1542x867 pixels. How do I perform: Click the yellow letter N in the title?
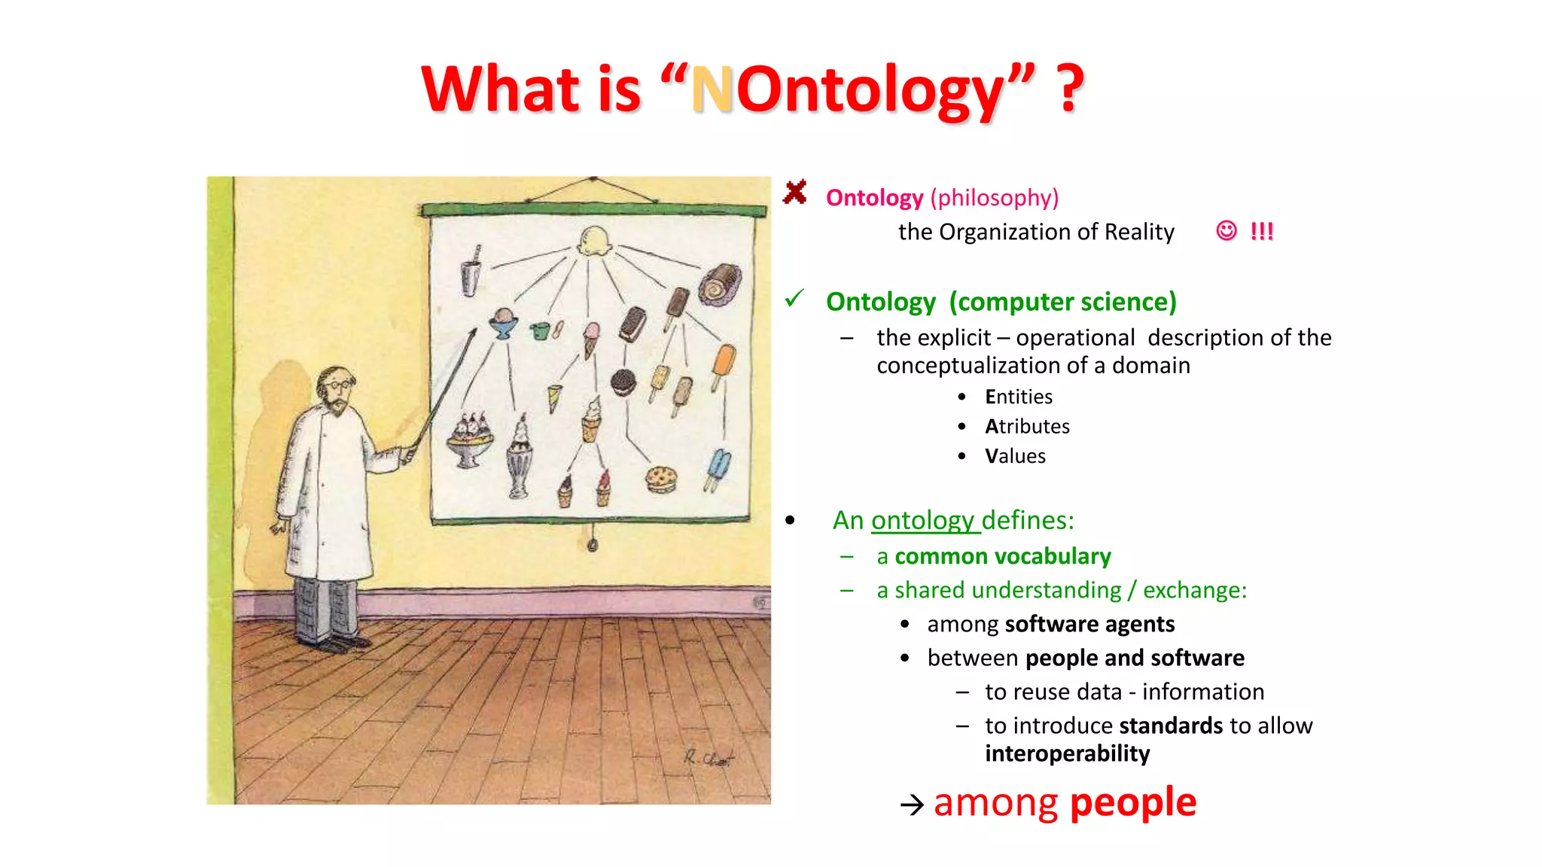712,90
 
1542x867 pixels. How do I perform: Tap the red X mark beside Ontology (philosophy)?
794,193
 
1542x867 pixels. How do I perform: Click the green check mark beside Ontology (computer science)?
794,299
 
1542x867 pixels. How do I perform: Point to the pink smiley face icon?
1226,230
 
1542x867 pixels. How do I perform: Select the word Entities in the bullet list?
1018,397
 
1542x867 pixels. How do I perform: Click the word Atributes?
1027,427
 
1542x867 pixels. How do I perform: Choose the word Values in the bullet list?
1015,456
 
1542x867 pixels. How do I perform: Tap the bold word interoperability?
1067,754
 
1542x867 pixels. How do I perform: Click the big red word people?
1132,802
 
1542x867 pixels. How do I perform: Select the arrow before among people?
912,805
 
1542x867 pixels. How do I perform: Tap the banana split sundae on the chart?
469,440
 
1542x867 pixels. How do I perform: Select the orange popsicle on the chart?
723,365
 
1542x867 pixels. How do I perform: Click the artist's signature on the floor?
708,758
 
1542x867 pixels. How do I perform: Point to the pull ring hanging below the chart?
593,544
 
